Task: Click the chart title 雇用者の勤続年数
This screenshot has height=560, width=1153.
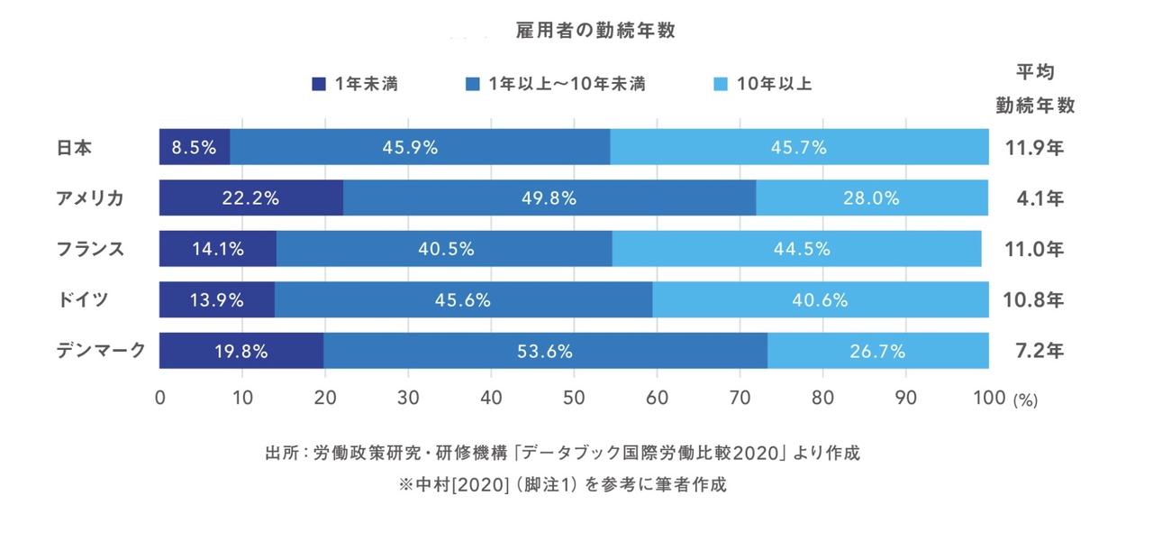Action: pyautogui.click(x=595, y=31)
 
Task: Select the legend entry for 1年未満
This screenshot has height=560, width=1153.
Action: pyautogui.click(x=355, y=85)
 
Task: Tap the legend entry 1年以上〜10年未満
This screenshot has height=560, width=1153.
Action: pyautogui.click(x=555, y=85)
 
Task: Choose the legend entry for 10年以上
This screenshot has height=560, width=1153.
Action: pyautogui.click(x=763, y=85)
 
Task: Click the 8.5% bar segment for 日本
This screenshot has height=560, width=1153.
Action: pyautogui.click(x=195, y=147)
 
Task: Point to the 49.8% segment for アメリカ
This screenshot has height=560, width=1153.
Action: pyautogui.click(x=549, y=198)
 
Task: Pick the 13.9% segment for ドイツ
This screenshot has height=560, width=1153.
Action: pyautogui.click(x=217, y=300)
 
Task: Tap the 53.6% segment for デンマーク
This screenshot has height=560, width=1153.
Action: pyautogui.click(x=545, y=351)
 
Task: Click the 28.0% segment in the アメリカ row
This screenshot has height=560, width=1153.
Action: pyautogui.click(x=871, y=198)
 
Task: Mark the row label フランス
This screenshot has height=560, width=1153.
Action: pyautogui.click(x=90, y=249)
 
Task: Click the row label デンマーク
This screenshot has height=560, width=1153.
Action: pyautogui.click(x=101, y=351)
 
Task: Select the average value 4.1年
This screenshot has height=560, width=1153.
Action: pyautogui.click(x=1035, y=198)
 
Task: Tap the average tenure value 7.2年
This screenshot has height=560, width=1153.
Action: pyautogui.click(x=1035, y=351)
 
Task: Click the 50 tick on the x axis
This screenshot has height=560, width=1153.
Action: pyautogui.click(x=574, y=398)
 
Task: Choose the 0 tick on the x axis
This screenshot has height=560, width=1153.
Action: pyautogui.click(x=160, y=398)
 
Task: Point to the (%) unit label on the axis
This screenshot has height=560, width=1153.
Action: pyautogui.click(x=1025, y=400)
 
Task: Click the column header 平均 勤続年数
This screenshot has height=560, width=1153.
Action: pyautogui.click(x=1035, y=88)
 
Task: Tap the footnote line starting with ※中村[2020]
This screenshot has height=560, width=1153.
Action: pyautogui.click(x=563, y=484)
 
